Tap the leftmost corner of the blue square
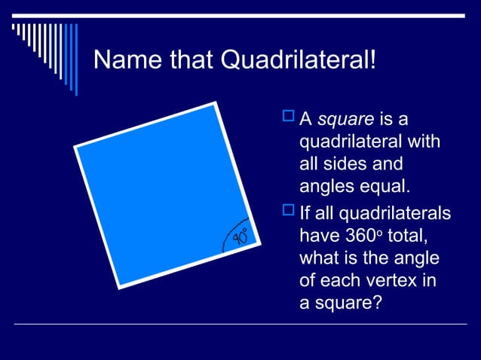(x=75, y=146)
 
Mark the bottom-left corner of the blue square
(x=118, y=287)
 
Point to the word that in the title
(x=183, y=59)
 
